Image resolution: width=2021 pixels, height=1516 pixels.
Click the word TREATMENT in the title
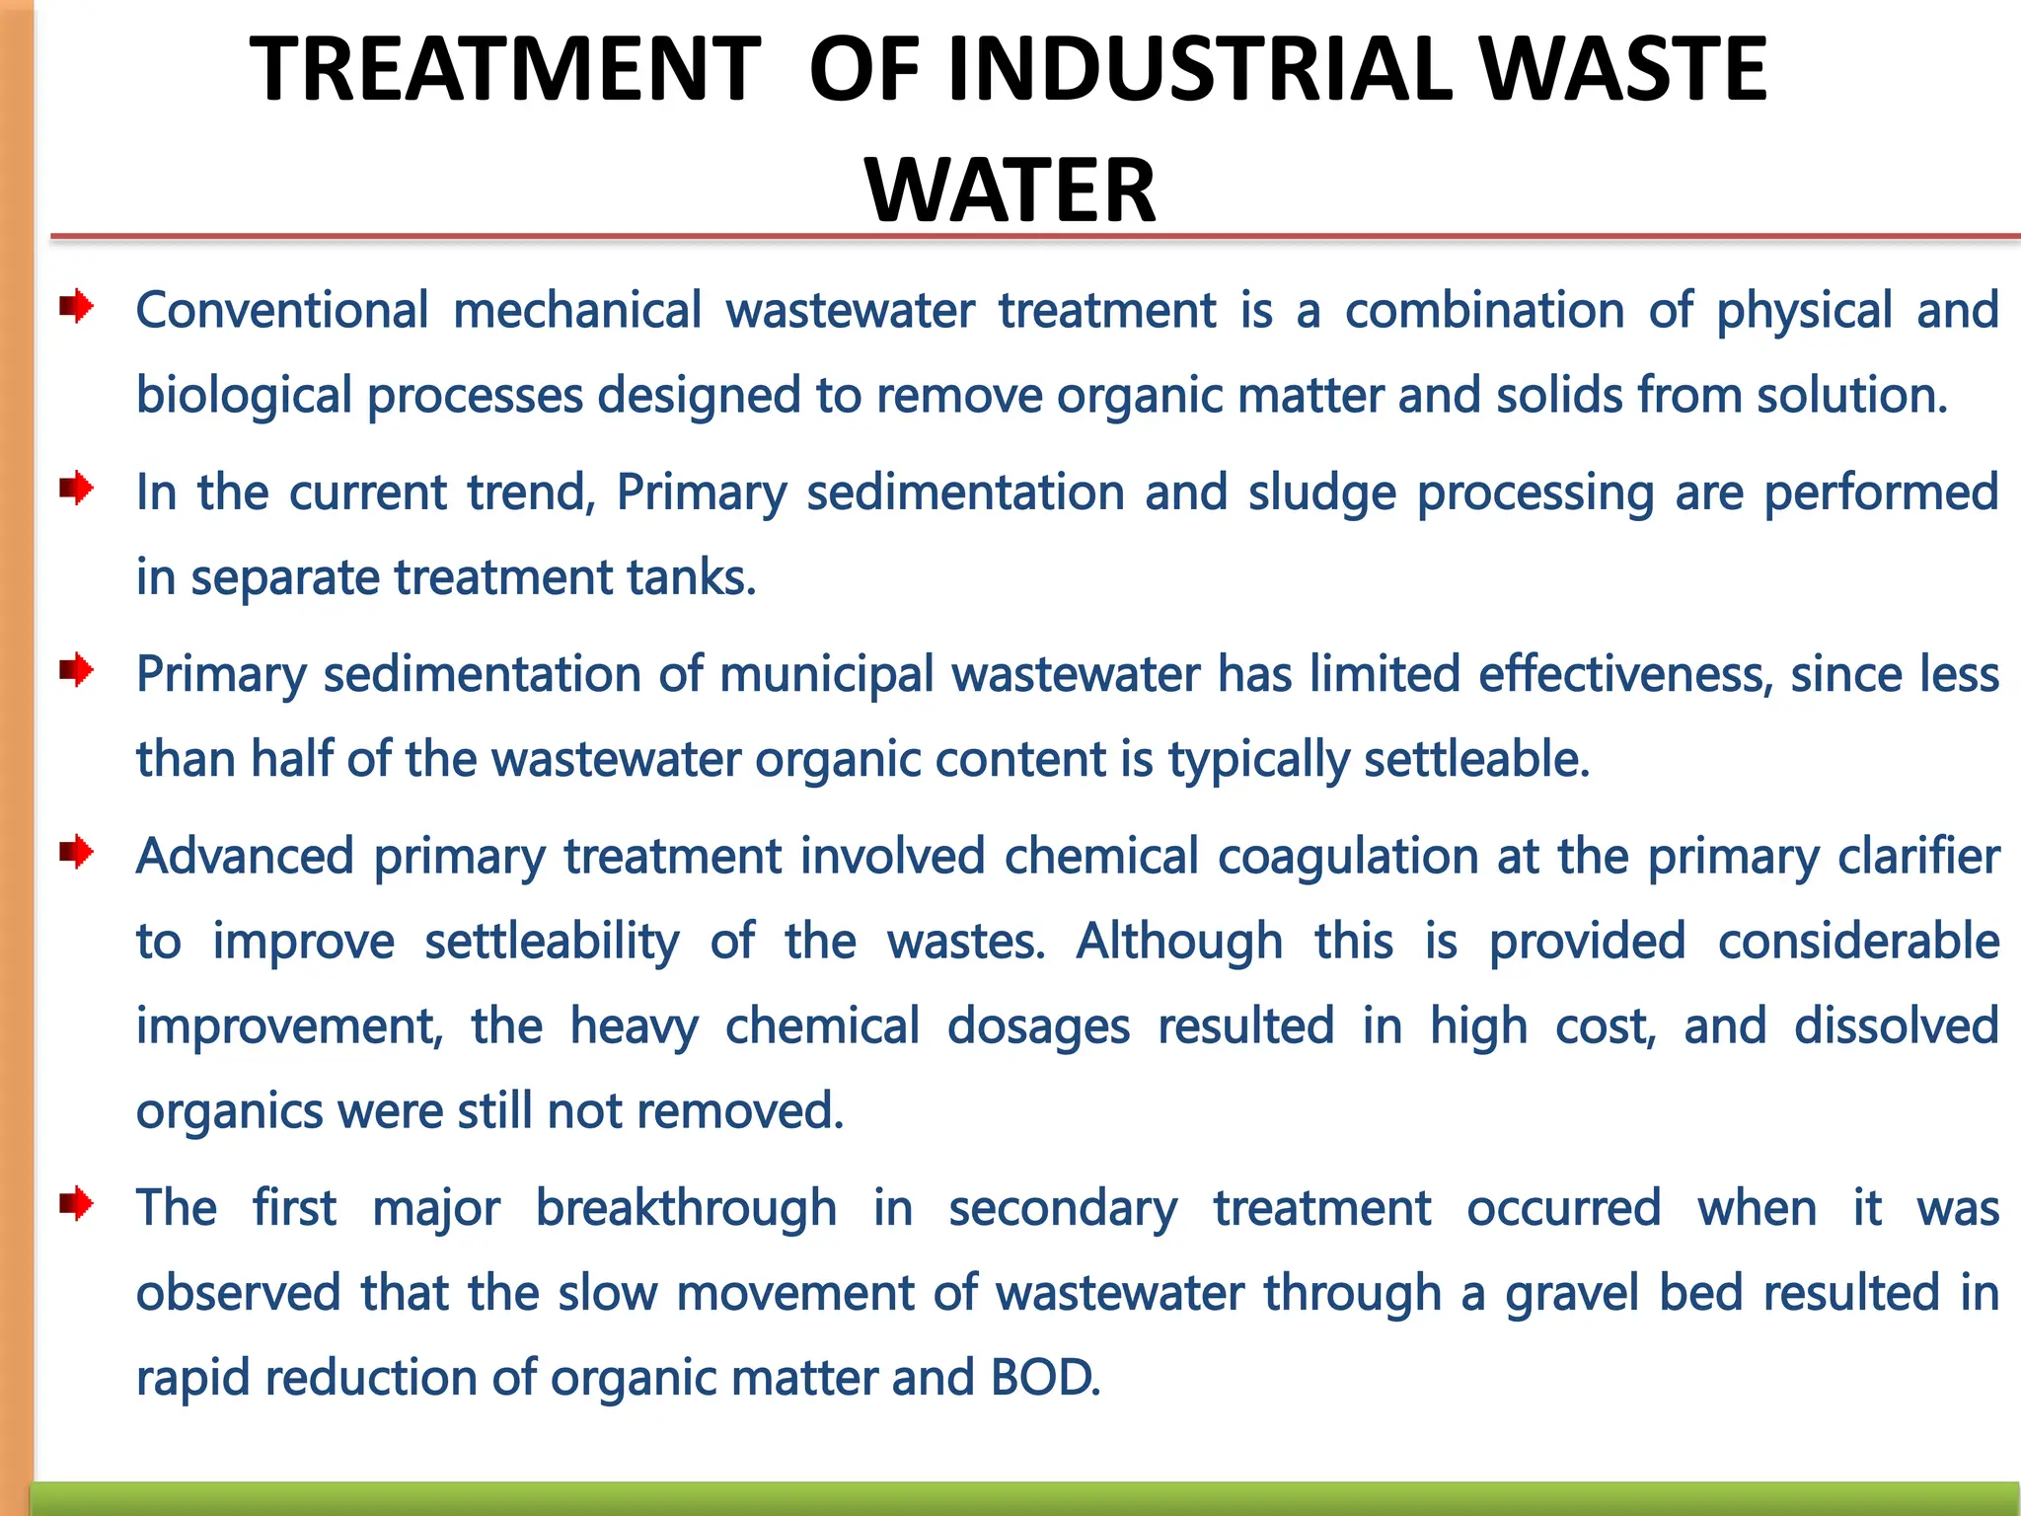point(504,69)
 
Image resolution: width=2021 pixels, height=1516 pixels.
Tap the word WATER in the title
point(1010,190)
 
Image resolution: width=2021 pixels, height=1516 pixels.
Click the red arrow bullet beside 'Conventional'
point(76,307)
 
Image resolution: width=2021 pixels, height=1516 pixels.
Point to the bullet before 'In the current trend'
point(76,489)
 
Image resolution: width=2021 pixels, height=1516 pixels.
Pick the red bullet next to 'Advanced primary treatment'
point(76,852)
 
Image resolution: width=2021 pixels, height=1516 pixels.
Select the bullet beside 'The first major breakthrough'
point(76,1204)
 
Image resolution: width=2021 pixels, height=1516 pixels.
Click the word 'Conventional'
point(282,311)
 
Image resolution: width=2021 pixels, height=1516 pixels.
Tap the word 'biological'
point(244,396)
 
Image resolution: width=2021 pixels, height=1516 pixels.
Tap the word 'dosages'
point(1038,1027)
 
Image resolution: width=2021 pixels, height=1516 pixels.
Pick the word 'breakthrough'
point(686,1209)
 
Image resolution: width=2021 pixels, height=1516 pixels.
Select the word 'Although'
point(1179,942)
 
